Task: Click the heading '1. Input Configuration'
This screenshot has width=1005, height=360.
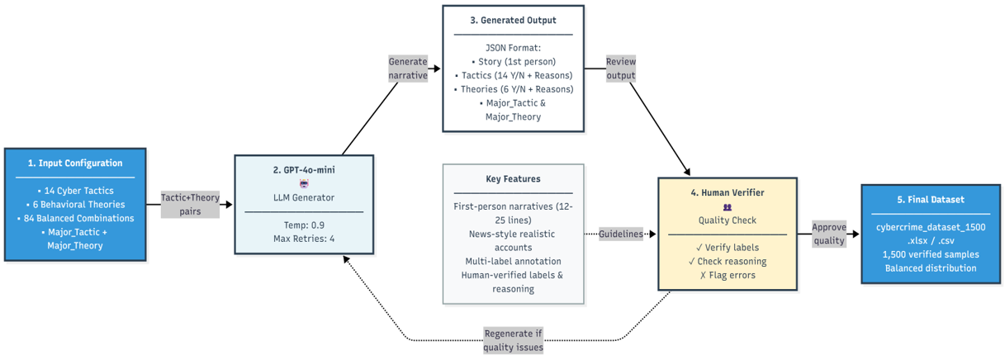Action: tap(75, 163)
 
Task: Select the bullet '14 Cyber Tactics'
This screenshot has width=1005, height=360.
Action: tap(75, 190)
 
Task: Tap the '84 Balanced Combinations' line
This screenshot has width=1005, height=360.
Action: tap(75, 218)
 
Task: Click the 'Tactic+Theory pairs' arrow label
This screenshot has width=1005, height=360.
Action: tap(189, 204)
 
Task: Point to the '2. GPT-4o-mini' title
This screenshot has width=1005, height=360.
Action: tap(303, 170)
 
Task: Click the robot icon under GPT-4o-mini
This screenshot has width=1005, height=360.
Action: tap(303, 183)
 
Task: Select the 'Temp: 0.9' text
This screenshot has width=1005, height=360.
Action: tap(303, 225)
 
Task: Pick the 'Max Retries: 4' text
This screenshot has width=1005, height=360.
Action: tap(303, 239)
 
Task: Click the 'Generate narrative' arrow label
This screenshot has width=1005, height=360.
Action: tap(408, 69)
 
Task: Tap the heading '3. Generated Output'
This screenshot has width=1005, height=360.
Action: tap(513, 20)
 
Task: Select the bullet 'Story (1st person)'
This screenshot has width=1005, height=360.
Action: tap(513, 61)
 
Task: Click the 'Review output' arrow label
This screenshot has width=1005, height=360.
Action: tap(620, 69)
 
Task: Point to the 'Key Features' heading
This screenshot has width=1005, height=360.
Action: tap(513, 178)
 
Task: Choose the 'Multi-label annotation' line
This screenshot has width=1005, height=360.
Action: tap(513, 261)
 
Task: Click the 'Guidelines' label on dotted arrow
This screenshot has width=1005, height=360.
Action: tap(620, 234)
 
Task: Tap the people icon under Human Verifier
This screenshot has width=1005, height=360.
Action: tap(727, 207)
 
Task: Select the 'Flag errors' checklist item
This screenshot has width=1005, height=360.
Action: tap(727, 275)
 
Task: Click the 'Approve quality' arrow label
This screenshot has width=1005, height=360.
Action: tap(829, 234)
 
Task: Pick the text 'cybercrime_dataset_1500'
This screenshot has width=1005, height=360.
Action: tap(930, 226)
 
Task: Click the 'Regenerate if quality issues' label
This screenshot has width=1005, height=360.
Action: tap(513, 340)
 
